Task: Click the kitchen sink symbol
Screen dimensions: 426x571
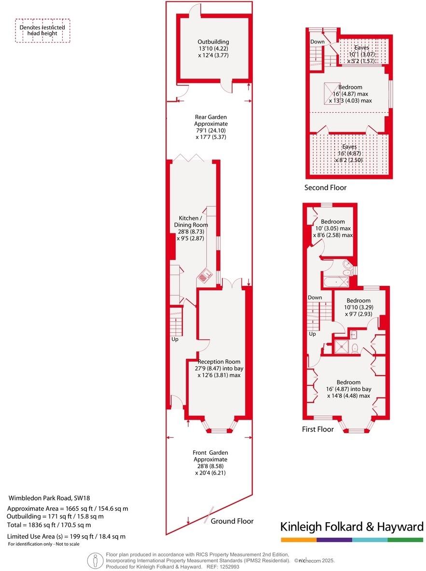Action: pos(205,276)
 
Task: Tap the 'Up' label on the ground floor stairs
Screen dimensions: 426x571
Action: pos(175,340)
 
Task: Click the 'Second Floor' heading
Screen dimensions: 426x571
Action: pos(325,188)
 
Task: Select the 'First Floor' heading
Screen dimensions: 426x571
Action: pos(318,429)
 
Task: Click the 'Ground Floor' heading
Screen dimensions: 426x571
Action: pos(232,521)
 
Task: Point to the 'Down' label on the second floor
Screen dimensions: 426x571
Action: pos(317,42)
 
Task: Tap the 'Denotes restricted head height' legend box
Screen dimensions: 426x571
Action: pos(42,31)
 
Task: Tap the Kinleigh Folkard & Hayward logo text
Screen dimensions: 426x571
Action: pos(352,527)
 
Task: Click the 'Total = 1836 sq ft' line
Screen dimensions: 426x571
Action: pos(49,525)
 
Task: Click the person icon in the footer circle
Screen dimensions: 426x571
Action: pos(96,561)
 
